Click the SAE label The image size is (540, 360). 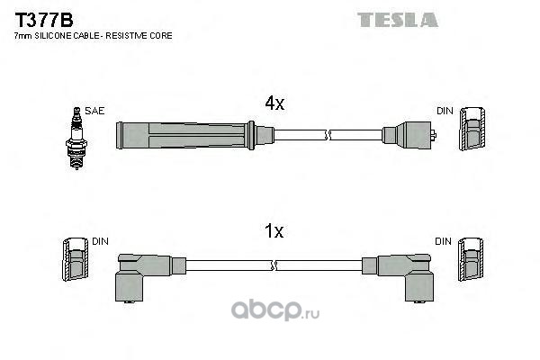[x=96, y=111]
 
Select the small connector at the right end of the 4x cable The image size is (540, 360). [x=409, y=136]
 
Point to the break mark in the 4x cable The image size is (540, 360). [x=329, y=136]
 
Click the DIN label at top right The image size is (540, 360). [x=444, y=111]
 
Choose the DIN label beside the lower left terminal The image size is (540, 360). [x=100, y=241]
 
